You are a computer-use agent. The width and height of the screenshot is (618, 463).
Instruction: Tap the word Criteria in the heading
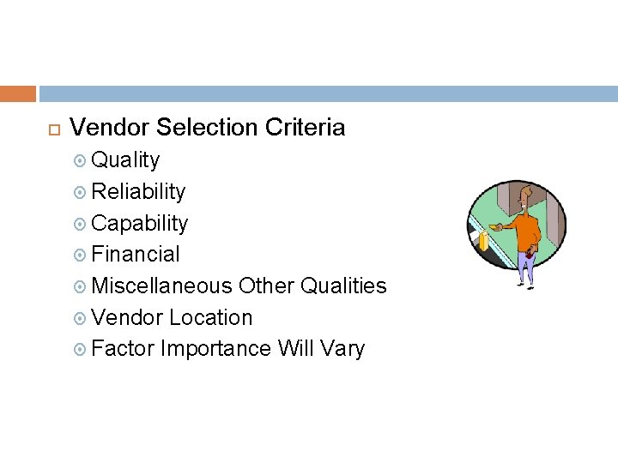[306, 128]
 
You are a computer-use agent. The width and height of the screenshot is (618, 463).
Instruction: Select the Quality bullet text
[125, 160]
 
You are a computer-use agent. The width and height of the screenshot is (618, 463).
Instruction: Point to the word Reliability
[138, 191]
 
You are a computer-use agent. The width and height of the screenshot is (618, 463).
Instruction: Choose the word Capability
[139, 223]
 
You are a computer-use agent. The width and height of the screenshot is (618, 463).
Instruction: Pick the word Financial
[136, 255]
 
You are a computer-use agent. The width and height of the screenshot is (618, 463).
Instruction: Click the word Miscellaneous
[161, 286]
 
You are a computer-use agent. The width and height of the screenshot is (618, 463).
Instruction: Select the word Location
[210, 317]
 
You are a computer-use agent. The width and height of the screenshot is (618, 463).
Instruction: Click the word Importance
[215, 349]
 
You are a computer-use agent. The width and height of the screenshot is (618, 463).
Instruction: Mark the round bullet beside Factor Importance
[81, 350]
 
